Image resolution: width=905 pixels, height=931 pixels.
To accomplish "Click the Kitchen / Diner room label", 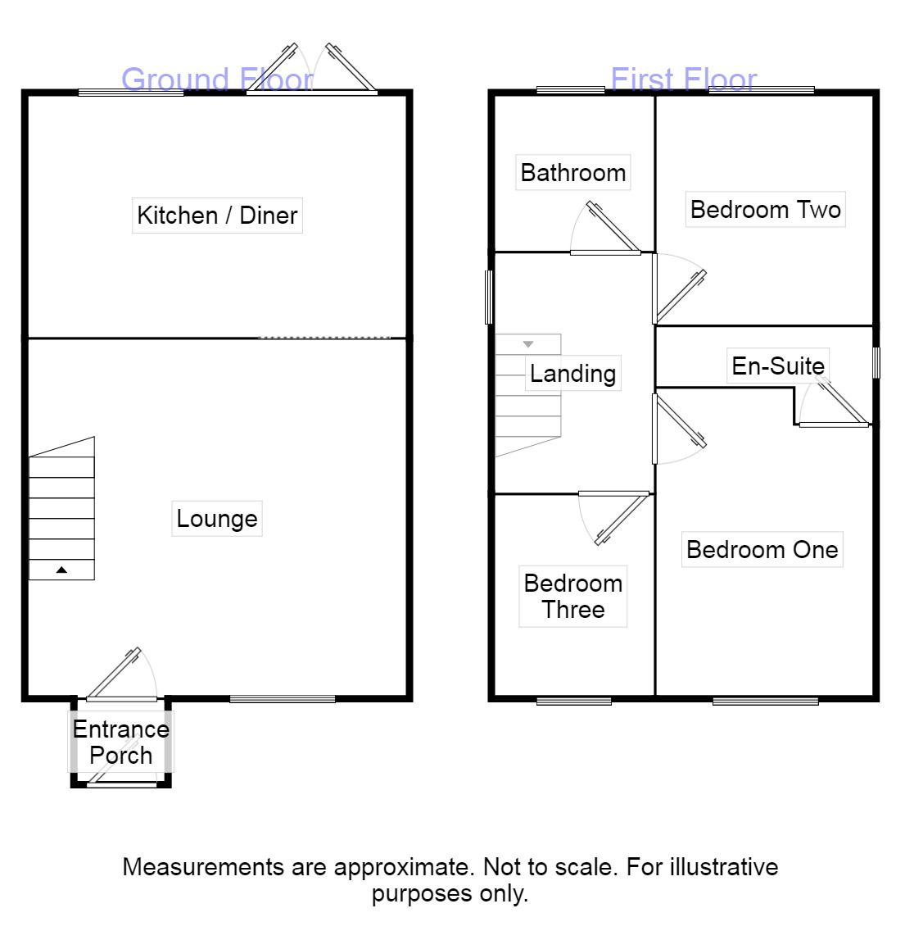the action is pos(217,215).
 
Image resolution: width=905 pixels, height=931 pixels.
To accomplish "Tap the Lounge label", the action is pos(217,519).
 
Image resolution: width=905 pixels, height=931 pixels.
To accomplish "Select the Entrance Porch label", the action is pos(121,743).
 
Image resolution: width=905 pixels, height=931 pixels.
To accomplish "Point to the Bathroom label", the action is pos(573,173).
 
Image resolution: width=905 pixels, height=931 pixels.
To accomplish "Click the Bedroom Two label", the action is pos(766,210).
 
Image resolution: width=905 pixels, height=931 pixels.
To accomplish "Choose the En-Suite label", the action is pos(778,366).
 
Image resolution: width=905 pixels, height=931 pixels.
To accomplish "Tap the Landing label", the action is pos(572,374).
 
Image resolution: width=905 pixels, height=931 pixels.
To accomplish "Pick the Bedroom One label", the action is pos(762,550).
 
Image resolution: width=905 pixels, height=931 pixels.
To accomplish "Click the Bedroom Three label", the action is pos(573,597).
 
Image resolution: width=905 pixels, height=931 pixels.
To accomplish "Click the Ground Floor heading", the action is pos(217,79).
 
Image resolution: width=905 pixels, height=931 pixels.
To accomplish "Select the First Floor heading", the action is pos(684,79).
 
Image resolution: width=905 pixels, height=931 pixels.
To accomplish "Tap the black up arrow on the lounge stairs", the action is pos(61,570).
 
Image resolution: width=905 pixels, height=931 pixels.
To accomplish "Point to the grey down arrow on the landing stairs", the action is pos(528,344).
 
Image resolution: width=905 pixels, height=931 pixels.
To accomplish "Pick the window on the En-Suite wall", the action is pos(876,362).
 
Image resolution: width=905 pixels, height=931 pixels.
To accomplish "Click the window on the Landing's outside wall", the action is pos(489,297).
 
